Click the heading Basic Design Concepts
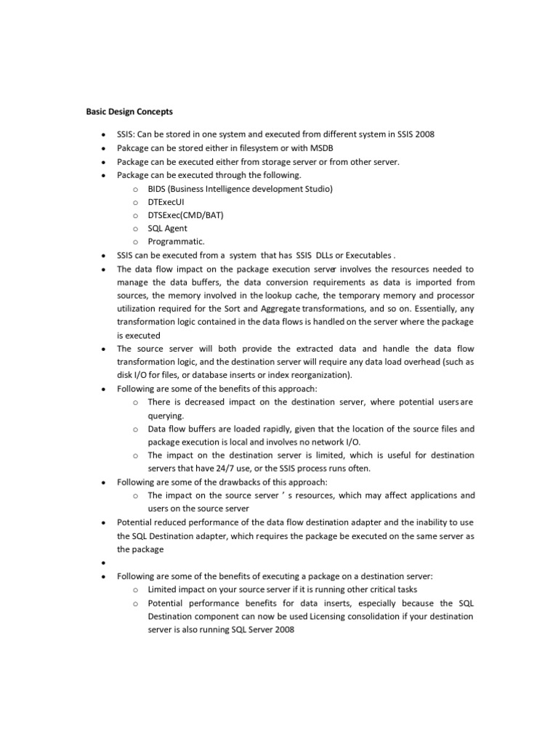tap(125, 112)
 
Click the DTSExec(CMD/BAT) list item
tap(185, 215)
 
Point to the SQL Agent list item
tap(167, 228)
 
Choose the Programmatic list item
tap(176, 241)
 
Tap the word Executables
tap(368, 255)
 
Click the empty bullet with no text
tap(105, 562)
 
